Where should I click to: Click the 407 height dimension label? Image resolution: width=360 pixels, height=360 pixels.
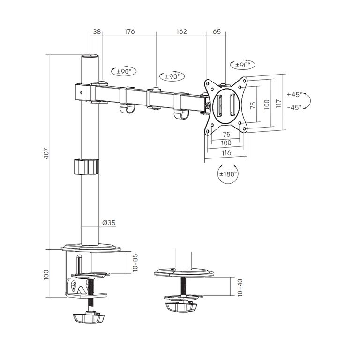(46, 153)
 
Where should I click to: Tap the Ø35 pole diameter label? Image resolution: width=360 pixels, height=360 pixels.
(109, 223)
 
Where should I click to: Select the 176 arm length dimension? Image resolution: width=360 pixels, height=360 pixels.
(129, 31)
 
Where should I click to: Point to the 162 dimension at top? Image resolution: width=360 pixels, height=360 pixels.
(181, 31)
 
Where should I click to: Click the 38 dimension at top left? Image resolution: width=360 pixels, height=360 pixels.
(97, 31)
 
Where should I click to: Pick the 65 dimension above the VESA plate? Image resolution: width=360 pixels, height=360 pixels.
(217, 31)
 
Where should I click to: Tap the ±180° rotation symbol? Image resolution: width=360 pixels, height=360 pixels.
(228, 173)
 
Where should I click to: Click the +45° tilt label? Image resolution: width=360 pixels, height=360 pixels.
(294, 94)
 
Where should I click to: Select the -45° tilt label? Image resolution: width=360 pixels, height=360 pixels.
(294, 107)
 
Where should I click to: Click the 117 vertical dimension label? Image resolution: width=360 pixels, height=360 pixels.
(278, 104)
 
